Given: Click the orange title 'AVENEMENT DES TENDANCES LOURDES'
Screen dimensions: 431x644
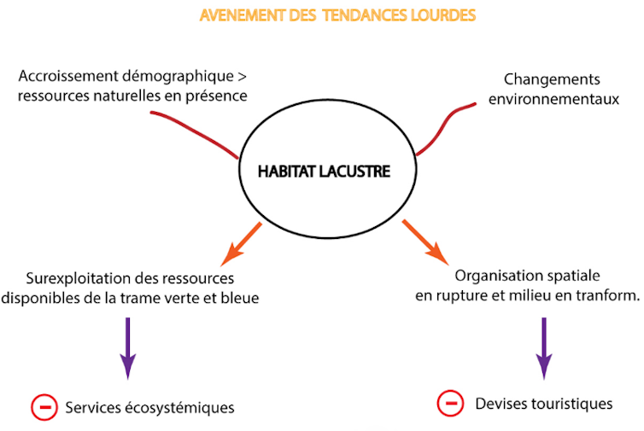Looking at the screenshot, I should point(337,16).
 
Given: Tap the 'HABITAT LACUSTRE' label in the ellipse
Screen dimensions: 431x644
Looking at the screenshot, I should point(324,172).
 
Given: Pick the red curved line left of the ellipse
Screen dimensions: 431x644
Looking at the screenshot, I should point(193,132).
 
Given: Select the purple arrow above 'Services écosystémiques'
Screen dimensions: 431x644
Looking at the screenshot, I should point(127,347).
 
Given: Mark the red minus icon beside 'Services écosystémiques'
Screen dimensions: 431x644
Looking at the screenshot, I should point(44,407).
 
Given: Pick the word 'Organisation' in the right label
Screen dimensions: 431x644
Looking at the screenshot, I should point(495,276).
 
